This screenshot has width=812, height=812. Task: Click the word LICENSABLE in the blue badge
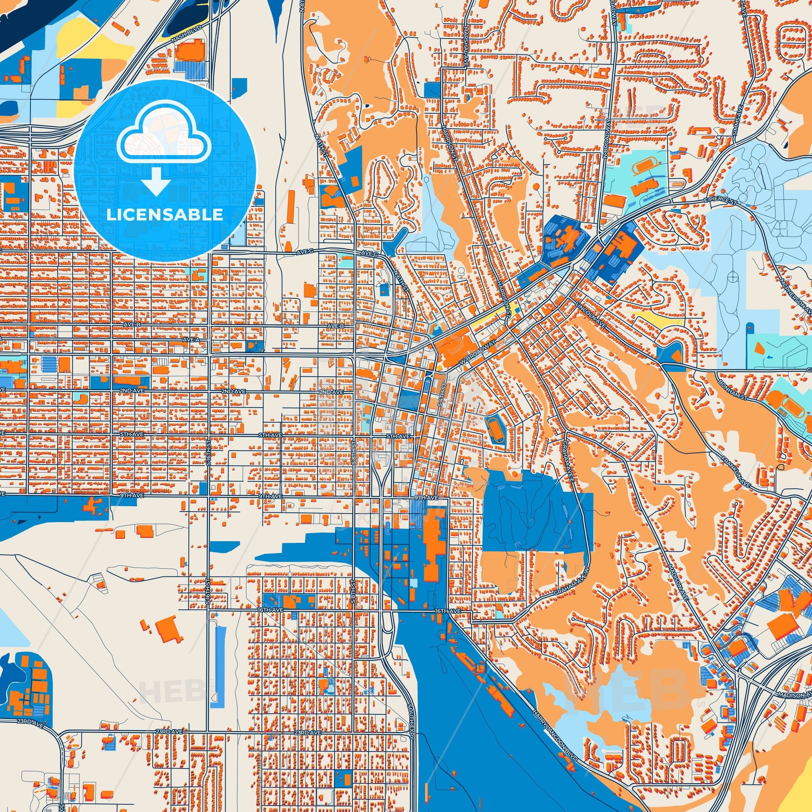pyautogui.click(x=164, y=215)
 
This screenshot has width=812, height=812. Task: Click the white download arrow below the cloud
pyautogui.click(x=156, y=180)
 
